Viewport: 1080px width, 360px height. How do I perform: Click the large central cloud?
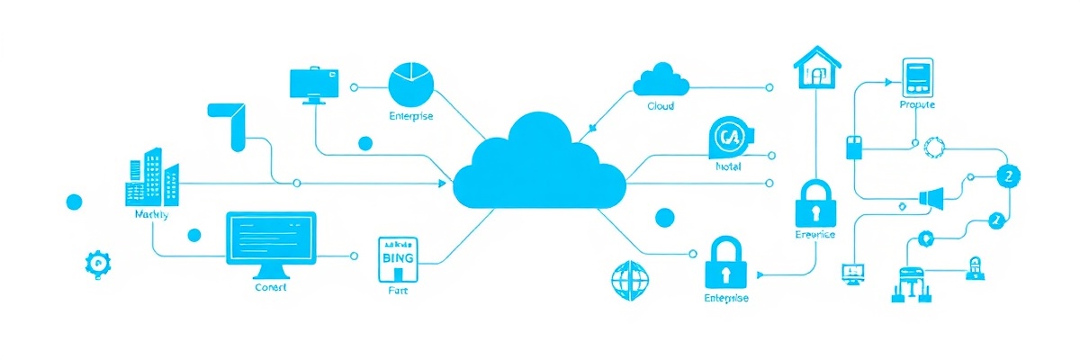pyautogui.click(x=538, y=166)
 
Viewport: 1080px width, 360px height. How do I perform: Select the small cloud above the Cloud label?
pyautogui.click(x=661, y=80)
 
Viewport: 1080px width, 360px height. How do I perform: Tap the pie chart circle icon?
pyautogui.click(x=410, y=84)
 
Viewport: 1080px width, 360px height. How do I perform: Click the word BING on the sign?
pyautogui.click(x=398, y=257)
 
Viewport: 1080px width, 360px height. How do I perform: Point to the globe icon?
pyautogui.click(x=629, y=280)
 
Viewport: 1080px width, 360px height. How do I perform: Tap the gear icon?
pyautogui.click(x=95, y=262)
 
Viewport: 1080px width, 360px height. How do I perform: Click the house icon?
pyautogui.click(x=817, y=68)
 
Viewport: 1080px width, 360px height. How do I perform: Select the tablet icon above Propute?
pyautogui.click(x=917, y=77)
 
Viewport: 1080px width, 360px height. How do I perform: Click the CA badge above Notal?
pyautogui.click(x=728, y=139)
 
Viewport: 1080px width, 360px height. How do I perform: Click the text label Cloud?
pyautogui.click(x=661, y=106)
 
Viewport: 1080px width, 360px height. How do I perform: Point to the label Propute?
pyautogui.click(x=917, y=105)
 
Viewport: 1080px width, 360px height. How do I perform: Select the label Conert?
pyautogui.click(x=271, y=287)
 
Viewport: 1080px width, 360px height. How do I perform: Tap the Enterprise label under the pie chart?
pyautogui.click(x=410, y=116)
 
